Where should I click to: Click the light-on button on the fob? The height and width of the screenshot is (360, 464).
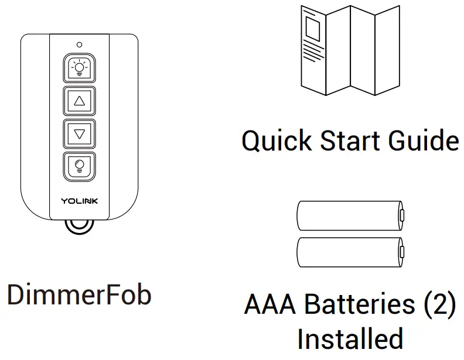click(x=80, y=67)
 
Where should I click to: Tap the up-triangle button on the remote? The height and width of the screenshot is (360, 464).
click(x=80, y=101)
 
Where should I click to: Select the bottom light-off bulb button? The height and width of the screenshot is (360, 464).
click(x=80, y=166)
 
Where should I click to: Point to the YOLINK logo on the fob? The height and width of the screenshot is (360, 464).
click(x=80, y=201)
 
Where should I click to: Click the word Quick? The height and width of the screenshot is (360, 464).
click(x=278, y=140)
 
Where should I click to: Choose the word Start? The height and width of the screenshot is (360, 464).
click(x=352, y=140)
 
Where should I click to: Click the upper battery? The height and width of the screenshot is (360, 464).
click(x=349, y=216)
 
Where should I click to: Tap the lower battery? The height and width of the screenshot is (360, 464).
click(x=349, y=252)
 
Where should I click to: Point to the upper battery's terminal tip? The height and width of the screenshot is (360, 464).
click(x=402, y=216)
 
